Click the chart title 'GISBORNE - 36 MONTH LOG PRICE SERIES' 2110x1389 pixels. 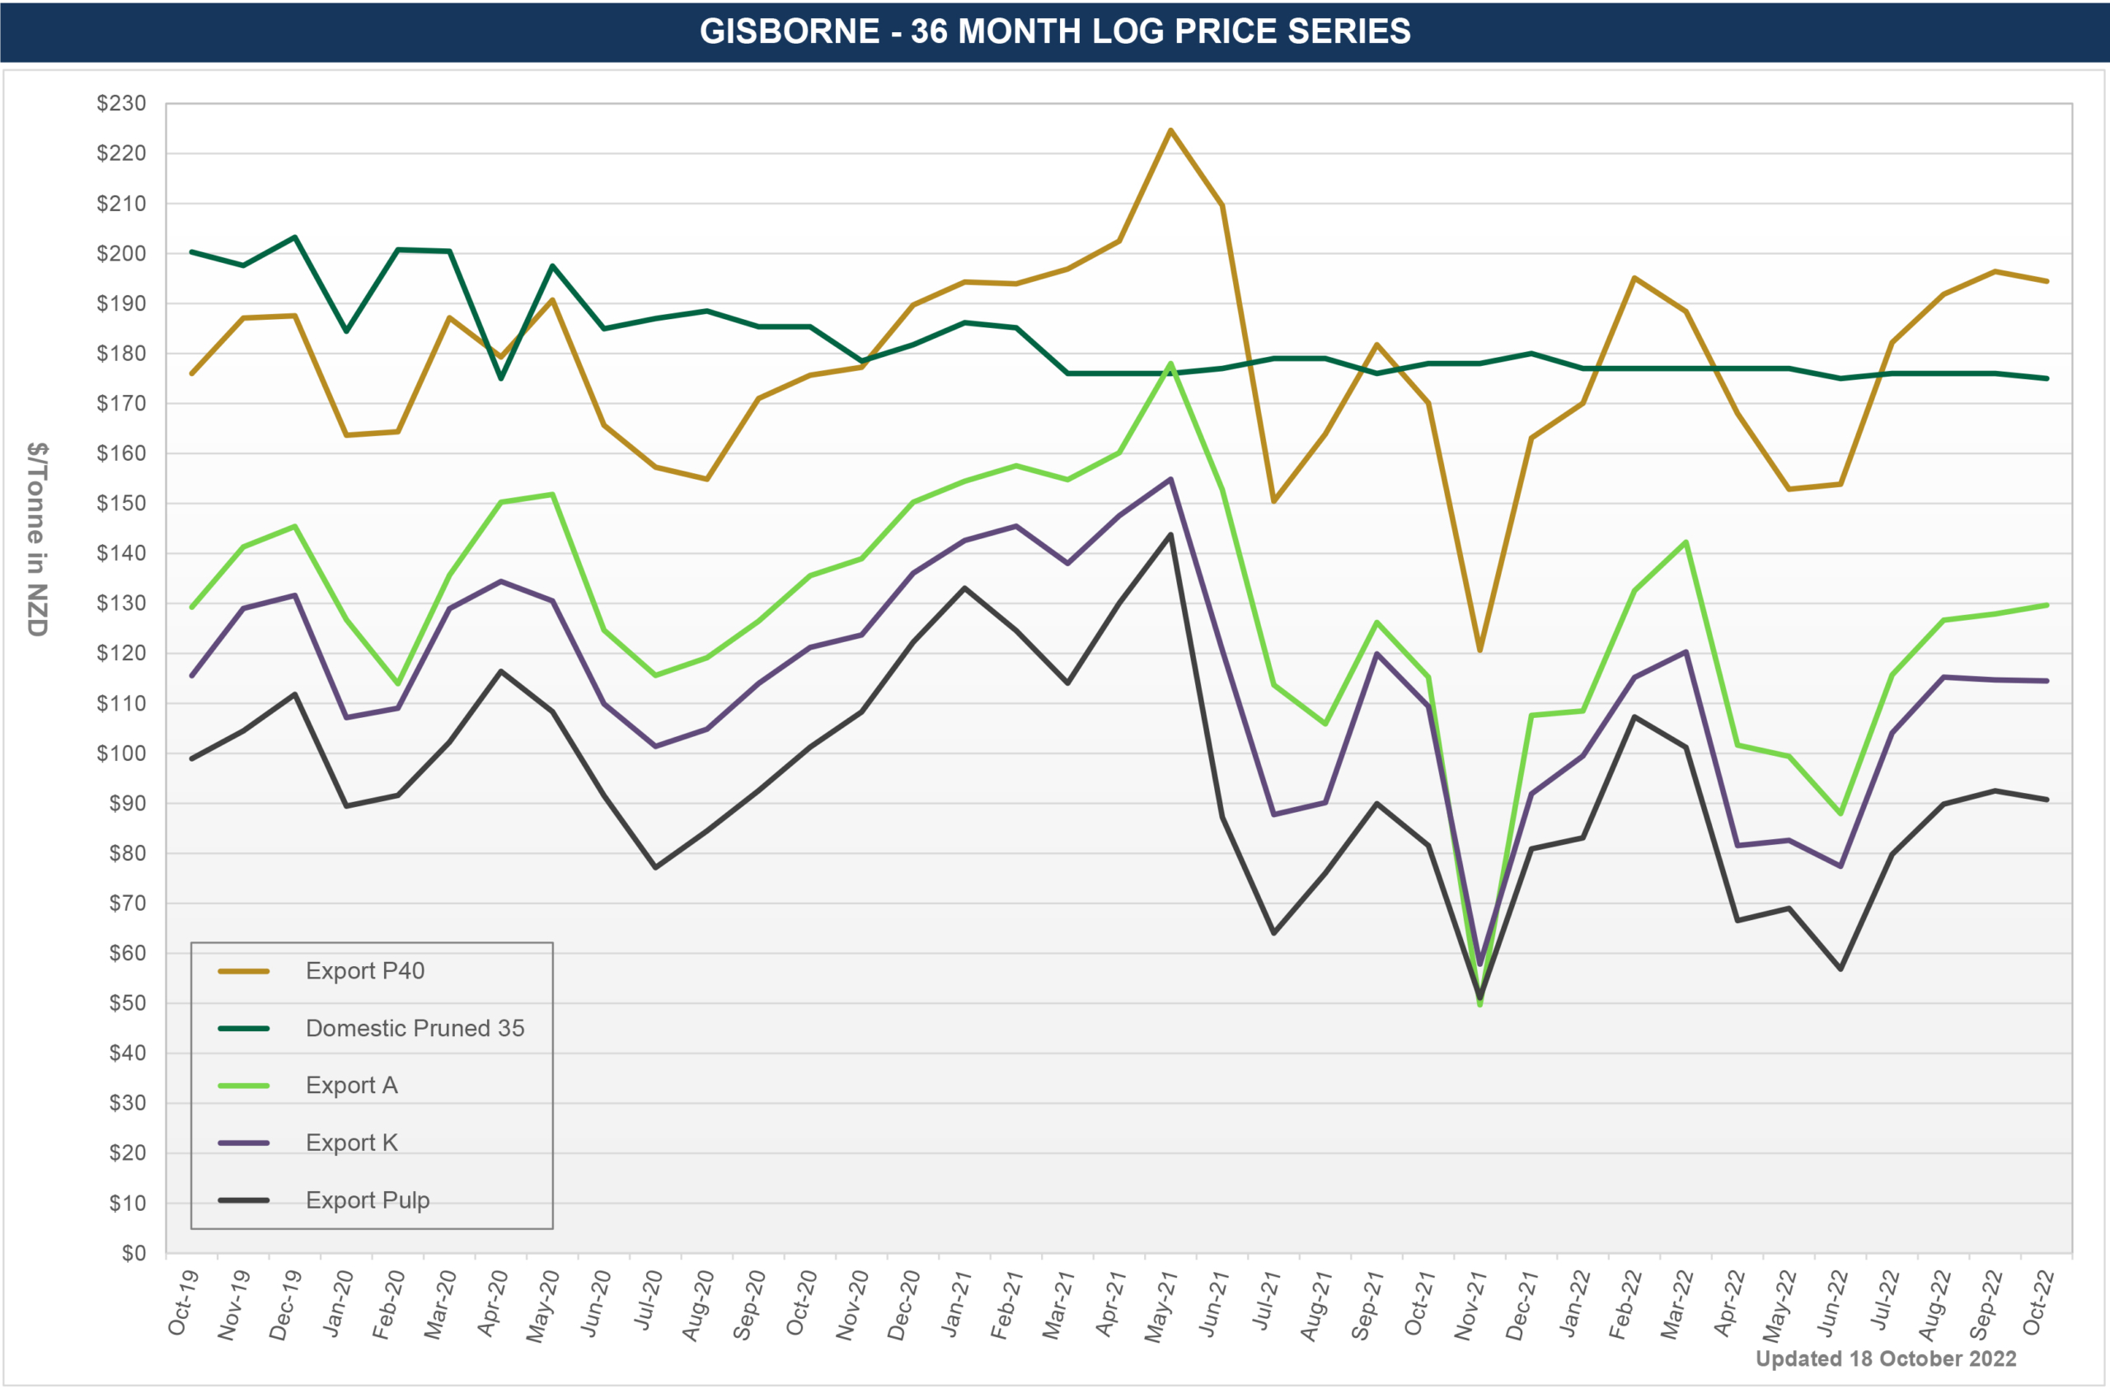[1054, 31]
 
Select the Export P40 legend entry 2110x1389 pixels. [364, 970]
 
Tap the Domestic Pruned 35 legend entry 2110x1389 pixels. [414, 1028]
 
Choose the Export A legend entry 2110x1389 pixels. [351, 1085]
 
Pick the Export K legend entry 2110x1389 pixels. [351, 1143]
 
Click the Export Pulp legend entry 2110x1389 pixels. [367, 1200]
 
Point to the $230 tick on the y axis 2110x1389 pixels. [121, 104]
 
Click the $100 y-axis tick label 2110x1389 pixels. [121, 753]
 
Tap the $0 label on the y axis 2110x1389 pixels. [133, 1253]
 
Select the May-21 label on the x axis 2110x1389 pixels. [1160, 1307]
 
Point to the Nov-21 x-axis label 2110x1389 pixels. [1469, 1307]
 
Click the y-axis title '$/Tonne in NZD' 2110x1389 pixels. [36, 538]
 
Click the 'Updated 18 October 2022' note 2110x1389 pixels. [1886, 1358]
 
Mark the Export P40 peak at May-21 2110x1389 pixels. [1170, 130]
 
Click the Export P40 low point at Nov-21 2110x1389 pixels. [1479, 650]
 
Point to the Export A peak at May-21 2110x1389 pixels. [1170, 364]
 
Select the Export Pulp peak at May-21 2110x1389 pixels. [1170, 534]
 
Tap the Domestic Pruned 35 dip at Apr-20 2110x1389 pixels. [501, 378]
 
